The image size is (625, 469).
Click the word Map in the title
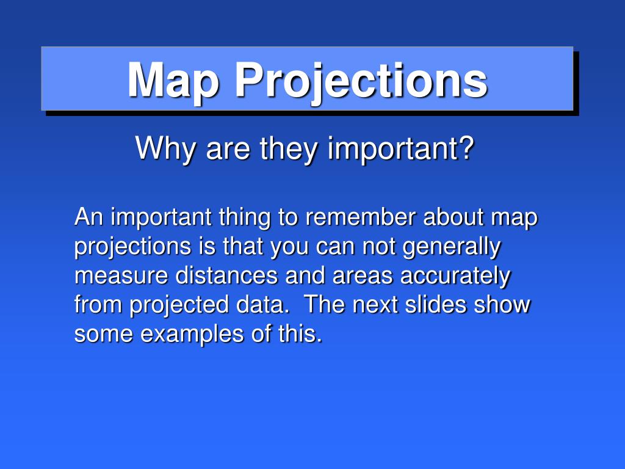(173, 81)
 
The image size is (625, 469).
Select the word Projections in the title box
(361, 81)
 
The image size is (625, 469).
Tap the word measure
(121, 276)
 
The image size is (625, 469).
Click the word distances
(226, 275)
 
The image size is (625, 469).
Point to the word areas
(363, 276)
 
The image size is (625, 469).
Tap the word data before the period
(260, 304)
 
